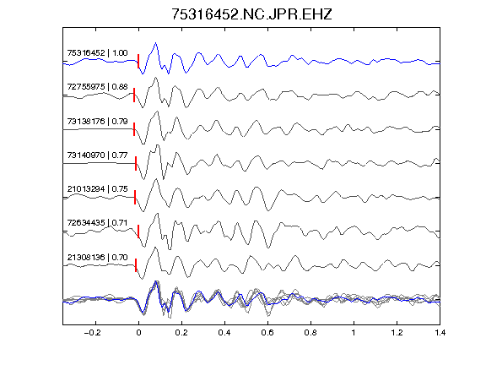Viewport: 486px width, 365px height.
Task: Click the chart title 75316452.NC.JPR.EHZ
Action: tap(251, 14)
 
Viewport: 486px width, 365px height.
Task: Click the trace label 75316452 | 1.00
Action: tap(97, 53)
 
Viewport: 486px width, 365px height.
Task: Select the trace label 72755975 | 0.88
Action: tap(97, 86)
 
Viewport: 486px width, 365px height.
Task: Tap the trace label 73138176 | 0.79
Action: tap(97, 121)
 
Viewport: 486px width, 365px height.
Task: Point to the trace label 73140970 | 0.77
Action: tap(97, 155)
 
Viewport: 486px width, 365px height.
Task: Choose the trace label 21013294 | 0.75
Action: tap(97, 188)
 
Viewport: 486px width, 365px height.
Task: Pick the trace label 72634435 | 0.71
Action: tap(97, 223)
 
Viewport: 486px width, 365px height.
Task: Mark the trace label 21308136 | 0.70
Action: tap(97, 258)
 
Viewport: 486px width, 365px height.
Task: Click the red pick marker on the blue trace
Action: tap(138, 61)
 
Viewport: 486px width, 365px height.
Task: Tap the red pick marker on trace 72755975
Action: tap(134, 95)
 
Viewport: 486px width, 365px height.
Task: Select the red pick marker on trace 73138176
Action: tap(134, 129)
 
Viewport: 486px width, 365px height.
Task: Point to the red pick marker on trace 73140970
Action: tap(136, 164)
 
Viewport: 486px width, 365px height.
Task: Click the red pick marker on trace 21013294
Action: tap(135, 198)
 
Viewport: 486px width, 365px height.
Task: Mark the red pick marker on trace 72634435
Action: tap(138, 232)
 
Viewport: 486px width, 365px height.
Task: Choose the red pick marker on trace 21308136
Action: tap(136, 265)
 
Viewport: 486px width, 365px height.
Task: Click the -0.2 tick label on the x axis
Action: tap(92, 333)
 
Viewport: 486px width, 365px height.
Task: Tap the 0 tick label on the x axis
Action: tap(138, 333)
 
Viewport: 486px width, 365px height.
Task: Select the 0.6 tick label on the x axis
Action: tap(267, 333)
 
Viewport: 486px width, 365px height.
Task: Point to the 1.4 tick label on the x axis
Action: tap(440, 333)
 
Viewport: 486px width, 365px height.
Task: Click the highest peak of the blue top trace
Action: tap(155, 43)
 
